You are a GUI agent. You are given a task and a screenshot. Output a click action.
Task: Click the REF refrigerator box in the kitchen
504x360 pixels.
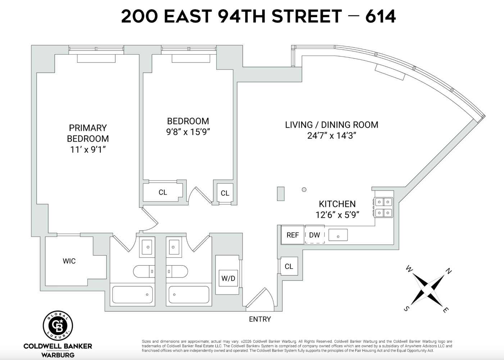coord(292,235)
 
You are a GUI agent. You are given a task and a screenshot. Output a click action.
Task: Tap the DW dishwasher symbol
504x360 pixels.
coord(314,235)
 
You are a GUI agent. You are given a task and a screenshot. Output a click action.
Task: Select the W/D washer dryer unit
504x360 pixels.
coord(228,278)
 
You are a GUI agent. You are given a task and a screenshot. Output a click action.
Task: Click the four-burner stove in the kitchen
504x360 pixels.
coord(383,207)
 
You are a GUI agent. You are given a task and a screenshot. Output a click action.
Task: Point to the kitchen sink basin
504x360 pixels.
coord(338,235)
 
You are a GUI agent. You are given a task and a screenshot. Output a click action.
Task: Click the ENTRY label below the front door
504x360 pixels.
coord(260,319)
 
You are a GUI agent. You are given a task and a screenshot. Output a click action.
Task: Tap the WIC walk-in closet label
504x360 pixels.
coord(69,261)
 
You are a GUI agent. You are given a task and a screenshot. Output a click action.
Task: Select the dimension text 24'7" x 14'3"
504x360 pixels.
coord(332,136)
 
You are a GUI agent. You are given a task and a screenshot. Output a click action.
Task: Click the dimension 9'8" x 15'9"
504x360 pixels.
coord(188,132)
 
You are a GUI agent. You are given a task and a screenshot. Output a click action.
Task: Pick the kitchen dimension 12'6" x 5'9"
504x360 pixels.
coord(337,215)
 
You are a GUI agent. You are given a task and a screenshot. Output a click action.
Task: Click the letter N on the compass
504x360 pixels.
coord(448,271)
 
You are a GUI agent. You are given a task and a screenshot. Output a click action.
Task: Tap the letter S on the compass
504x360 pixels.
coord(406,309)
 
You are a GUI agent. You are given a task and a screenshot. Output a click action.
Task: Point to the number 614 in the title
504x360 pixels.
coord(381,16)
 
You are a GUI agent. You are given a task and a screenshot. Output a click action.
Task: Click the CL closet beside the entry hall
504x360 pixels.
coord(289,266)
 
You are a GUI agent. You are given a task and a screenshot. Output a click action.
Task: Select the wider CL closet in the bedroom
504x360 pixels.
coord(163,192)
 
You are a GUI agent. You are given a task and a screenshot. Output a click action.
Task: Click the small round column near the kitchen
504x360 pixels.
coord(304,189)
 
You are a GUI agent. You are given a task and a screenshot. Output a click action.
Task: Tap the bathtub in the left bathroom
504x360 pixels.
coord(132,294)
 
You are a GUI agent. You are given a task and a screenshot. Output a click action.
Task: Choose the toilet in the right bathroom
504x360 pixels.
coord(177,271)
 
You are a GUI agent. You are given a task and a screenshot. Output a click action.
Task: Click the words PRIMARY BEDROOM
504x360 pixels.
coord(88,133)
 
